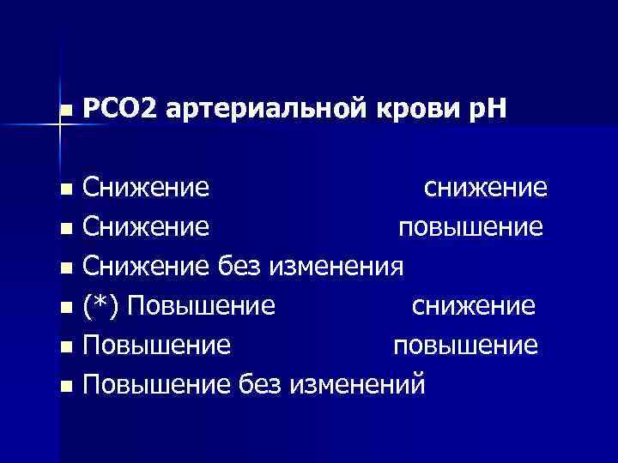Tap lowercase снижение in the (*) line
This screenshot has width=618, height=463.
coord(474,306)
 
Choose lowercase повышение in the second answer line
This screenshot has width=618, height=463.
coord(470,229)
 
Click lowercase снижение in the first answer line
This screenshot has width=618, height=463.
coord(487,189)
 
